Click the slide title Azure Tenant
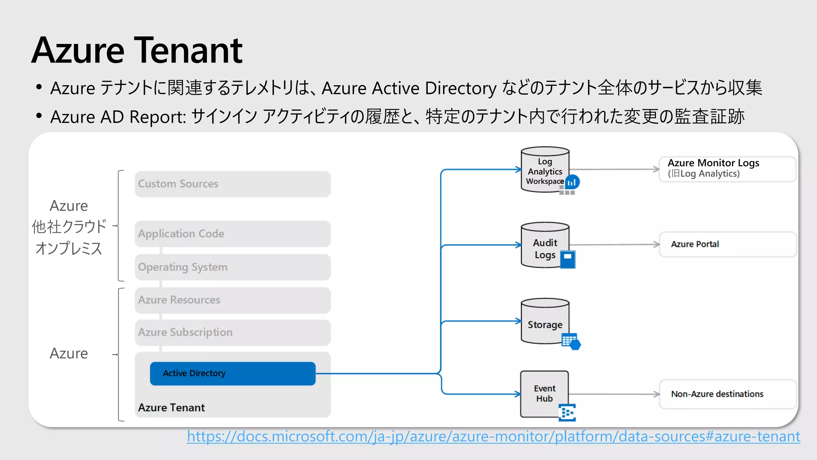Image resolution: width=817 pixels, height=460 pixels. [x=137, y=51]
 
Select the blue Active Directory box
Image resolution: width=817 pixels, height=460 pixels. [x=233, y=373]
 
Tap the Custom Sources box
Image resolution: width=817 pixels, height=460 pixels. [x=233, y=184]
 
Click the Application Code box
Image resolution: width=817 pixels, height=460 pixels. [x=233, y=234]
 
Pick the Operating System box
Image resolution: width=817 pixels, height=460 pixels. [x=233, y=267]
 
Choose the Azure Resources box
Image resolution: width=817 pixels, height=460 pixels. [x=233, y=300]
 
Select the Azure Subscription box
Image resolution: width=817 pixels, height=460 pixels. [x=233, y=332]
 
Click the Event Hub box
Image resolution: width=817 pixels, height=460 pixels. [x=544, y=393]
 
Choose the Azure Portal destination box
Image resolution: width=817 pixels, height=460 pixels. [x=727, y=244]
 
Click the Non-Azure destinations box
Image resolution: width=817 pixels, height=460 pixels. [x=727, y=394]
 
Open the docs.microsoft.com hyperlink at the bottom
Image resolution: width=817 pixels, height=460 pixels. [x=493, y=436]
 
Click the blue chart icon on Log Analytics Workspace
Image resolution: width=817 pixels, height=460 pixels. [x=572, y=182]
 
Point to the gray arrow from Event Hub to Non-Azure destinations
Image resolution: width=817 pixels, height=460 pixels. [x=614, y=394]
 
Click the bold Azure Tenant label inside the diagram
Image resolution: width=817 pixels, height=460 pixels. [x=171, y=408]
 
